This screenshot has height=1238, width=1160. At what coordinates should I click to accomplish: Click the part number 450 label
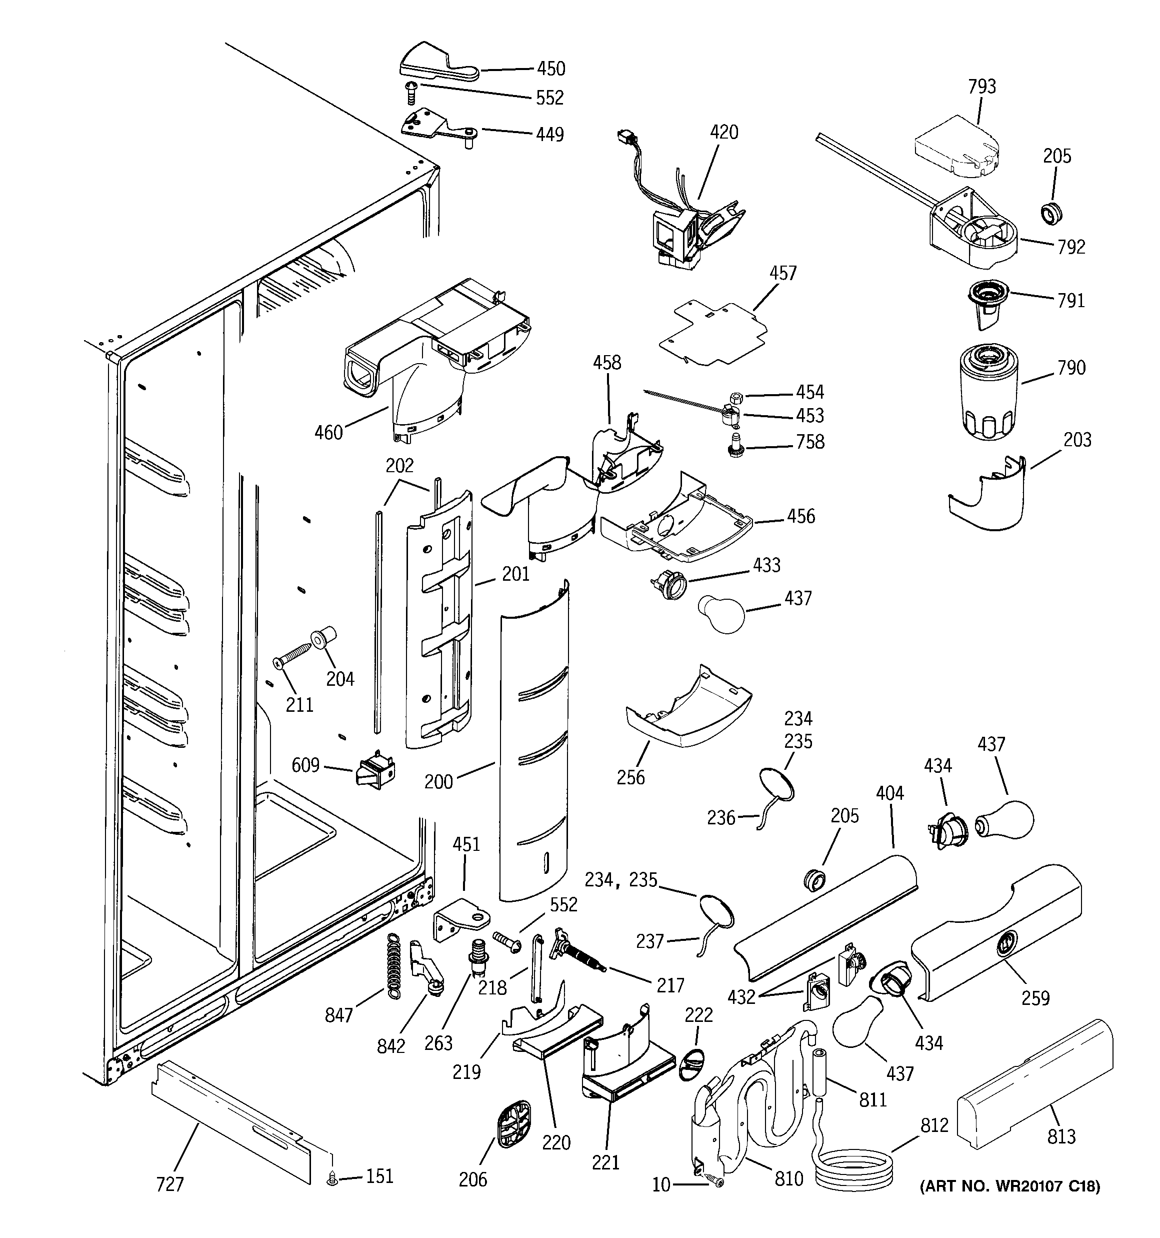click(x=551, y=69)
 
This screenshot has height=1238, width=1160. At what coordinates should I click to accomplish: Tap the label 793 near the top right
click(x=981, y=87)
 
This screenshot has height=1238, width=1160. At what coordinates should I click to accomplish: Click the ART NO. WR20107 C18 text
click(x=1010, y=1186)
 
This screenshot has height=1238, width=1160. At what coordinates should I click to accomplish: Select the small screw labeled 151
click(x=332, y=1178)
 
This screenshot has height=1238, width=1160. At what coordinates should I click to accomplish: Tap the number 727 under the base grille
click(x=169, y=1183)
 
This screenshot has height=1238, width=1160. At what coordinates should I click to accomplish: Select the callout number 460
click(x=328, y=432)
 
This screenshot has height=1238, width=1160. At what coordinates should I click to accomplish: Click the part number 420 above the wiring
click(x=724, y=132)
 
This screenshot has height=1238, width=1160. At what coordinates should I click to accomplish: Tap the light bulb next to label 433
click(x=720, y=613)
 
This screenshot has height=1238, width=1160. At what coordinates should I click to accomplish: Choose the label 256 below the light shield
click(x=630, y=777)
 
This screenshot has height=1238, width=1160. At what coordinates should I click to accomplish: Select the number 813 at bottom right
click(x=1061, y=1136)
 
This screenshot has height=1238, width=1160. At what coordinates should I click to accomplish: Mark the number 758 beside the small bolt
click(x=810, y=442)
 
